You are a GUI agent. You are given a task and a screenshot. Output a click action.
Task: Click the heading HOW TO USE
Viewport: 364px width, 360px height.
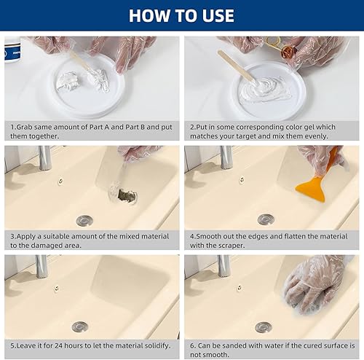tap(182, 15)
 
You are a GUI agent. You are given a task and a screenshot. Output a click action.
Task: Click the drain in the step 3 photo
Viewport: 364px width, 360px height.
tap(84, 219)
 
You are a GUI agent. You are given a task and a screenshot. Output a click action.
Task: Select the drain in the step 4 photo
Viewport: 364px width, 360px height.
tap(266, 219)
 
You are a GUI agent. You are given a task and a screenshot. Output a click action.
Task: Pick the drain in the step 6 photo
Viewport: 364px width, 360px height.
tap(264, 327)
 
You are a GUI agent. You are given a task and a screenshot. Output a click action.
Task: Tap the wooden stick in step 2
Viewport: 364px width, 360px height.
tap(236, 66)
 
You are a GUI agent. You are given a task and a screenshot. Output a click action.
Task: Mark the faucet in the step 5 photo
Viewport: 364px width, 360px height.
tap(42, 266)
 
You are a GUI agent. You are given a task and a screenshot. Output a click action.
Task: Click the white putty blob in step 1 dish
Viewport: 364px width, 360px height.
tap(69, 80)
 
